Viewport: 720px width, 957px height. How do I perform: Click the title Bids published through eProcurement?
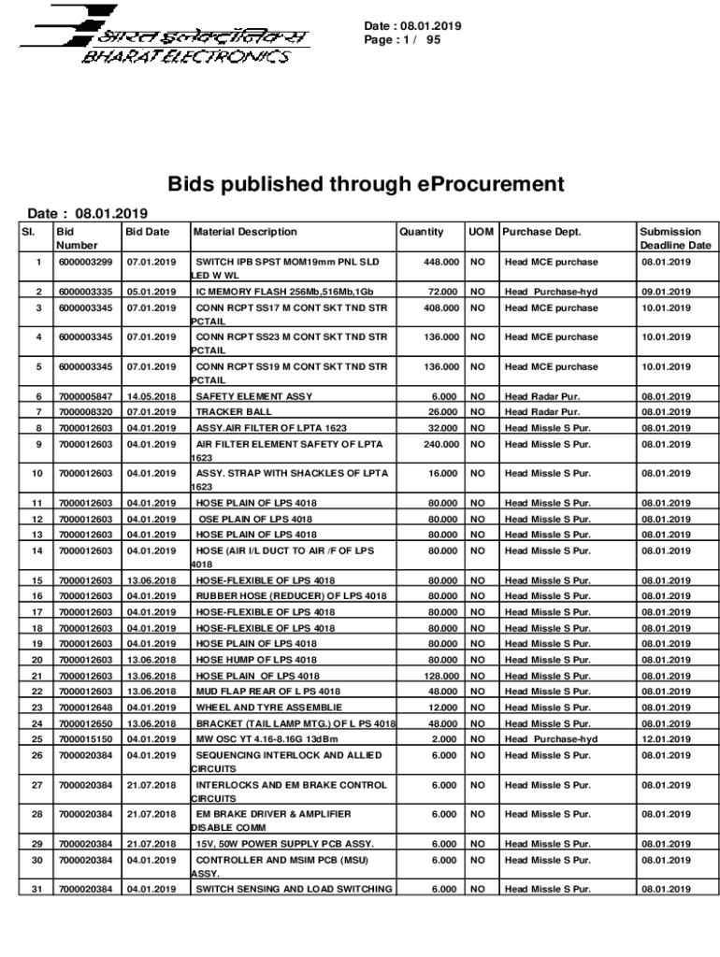[x=366, y=183]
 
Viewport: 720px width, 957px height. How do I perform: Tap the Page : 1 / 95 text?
[x=403, y=41]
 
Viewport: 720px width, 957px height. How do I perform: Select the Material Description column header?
[x=246, y=232]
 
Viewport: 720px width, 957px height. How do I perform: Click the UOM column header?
[x=482, y=232]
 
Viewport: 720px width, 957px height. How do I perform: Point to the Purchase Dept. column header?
[x=542, y=232]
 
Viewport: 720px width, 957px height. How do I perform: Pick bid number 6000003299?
[x=85, y=263]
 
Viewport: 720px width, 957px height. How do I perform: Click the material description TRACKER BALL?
[x=234, y=412]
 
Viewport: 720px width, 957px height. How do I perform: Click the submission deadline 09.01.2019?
[x=666, y=293]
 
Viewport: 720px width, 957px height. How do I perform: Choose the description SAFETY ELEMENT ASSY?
[x=254, y=397]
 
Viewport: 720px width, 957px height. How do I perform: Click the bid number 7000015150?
[x=85, y=739]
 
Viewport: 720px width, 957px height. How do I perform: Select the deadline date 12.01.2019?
[x=666, y=739]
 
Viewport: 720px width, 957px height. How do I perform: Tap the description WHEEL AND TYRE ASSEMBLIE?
[x=269, y=707]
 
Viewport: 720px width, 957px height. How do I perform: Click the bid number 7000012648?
[x=85, y=707]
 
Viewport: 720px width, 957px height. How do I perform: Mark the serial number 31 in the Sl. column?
[x=37, y=890]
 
